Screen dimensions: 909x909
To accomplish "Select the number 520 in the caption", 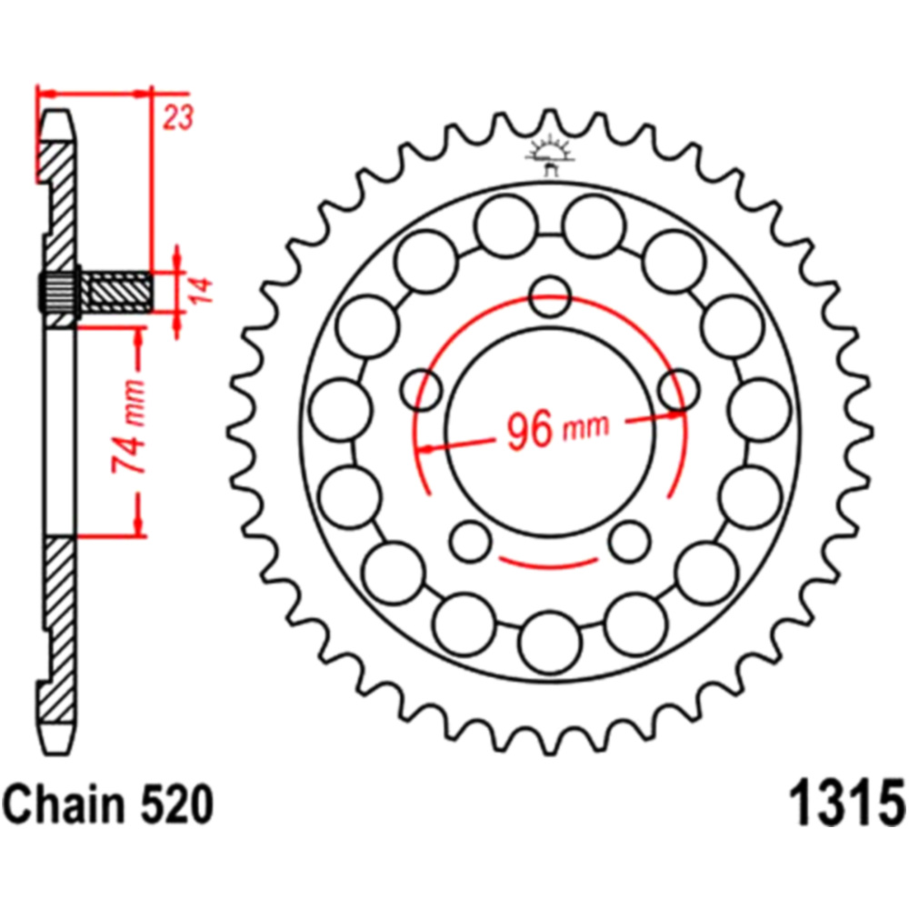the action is click(x=176, y=804).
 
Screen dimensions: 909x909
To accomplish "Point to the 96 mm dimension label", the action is click(x=558, y=429).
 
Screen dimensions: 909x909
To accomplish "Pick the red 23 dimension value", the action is click(x=177, y=117).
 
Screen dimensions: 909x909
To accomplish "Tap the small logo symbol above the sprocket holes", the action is click(x=549, y=155).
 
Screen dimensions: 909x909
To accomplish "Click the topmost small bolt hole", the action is click(x=550, y=296).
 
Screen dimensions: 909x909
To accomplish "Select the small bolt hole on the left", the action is click(x=421, y=390).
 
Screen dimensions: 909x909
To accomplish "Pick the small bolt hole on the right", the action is click(x=679, y=390).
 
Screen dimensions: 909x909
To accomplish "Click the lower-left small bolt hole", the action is click(x=470, y=542).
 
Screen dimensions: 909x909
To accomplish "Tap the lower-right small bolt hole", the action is click(x=630, y=542).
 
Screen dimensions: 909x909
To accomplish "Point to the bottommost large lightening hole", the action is click(x=550, y=643).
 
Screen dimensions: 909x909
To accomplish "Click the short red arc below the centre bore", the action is click(x=548, y=564).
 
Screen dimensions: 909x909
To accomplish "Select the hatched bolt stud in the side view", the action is click(x=116, y=291).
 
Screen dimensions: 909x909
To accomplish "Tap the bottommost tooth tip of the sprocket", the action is click(x=550, y=754).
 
